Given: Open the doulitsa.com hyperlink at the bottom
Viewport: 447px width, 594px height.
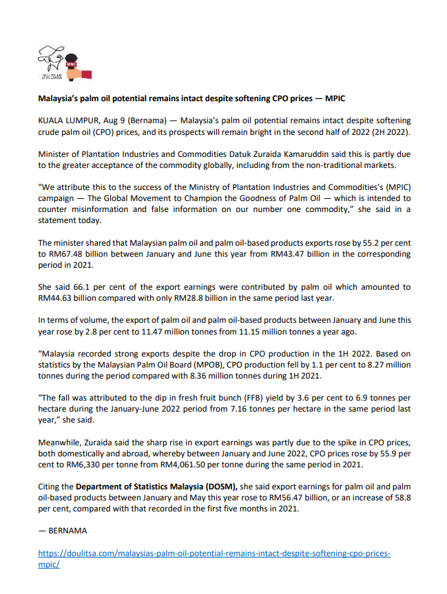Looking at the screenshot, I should tap(214, 553).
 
